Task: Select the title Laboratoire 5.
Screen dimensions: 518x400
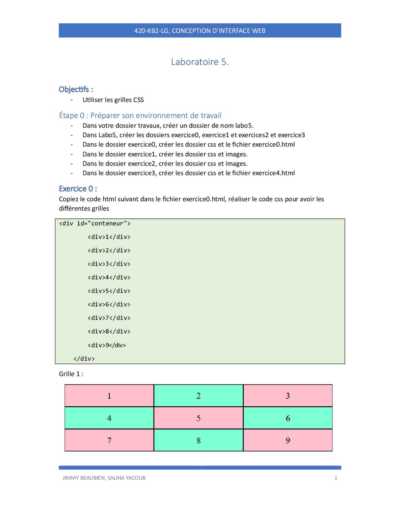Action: tap(200, 62)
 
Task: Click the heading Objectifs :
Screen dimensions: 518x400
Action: tap(76, 89)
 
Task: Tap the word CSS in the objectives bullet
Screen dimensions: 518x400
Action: tap(138, 100)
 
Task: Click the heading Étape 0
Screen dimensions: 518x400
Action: tap(72, 115)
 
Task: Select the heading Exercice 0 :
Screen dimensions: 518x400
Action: tap(78, 189)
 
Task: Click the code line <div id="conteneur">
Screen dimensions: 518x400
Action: tap(95, 223)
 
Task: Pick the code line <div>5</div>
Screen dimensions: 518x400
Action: tap(109, 291)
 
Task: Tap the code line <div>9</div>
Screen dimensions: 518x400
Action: tap(107, 345)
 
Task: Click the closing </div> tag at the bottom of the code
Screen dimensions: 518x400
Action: tap(84, 358)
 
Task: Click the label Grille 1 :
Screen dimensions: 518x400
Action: tap(71, 374)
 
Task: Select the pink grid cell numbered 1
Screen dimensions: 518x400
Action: tap(109, 396)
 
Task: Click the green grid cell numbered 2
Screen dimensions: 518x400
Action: tap(198, 396)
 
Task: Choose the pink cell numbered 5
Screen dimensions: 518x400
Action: tap(198, 418)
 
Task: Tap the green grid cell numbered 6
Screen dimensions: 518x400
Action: tap(288, 418)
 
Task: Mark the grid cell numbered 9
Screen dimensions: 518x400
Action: tap(288, 440)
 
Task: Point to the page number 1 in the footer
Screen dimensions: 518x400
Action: tap(336, 478)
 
